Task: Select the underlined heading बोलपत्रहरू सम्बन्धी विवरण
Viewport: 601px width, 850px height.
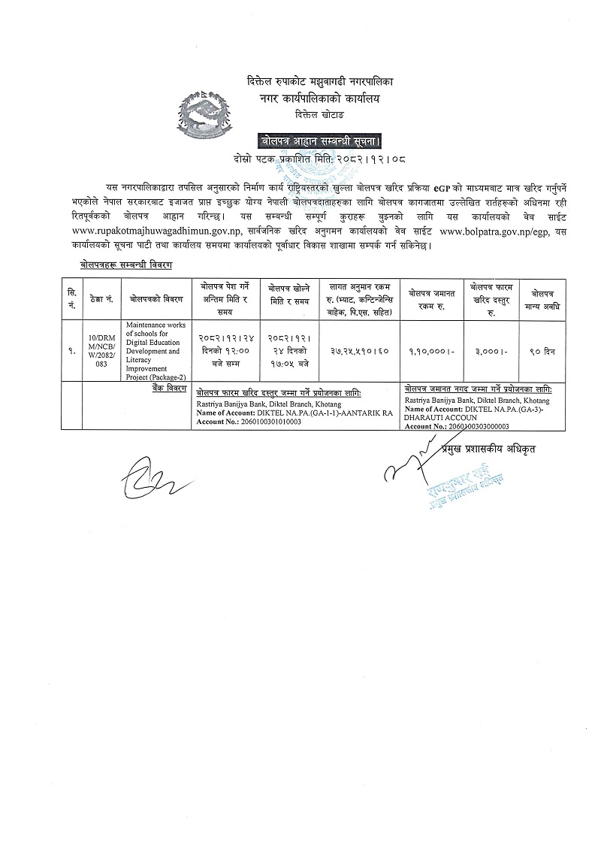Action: coord(126,265)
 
